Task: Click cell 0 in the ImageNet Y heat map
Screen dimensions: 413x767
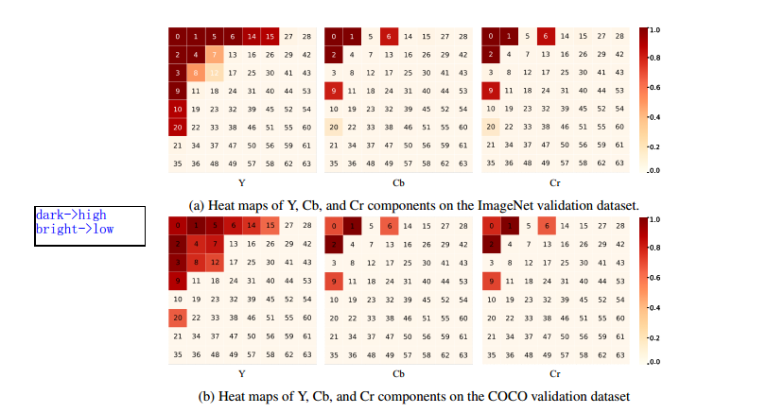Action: pos(177,37)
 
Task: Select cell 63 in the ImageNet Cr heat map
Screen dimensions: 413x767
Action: pos(619,163)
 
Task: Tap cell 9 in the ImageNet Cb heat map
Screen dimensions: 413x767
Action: pos(333,91)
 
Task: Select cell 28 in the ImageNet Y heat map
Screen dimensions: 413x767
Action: pos(305,37)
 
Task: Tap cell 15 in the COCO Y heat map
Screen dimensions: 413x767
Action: pos(269,226)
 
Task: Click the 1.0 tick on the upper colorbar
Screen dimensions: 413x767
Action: pos(654,30)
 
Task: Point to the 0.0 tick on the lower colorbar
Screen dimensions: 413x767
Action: pos(654,362)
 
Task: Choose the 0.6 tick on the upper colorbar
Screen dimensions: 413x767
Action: pos(654,87)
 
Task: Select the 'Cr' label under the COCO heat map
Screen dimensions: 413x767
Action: pos(554,373)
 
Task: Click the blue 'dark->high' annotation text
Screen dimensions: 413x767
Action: pos(71,215)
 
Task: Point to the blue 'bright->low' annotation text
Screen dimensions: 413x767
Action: pos(74,229)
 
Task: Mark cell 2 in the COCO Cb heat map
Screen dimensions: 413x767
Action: pos(333,244)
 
